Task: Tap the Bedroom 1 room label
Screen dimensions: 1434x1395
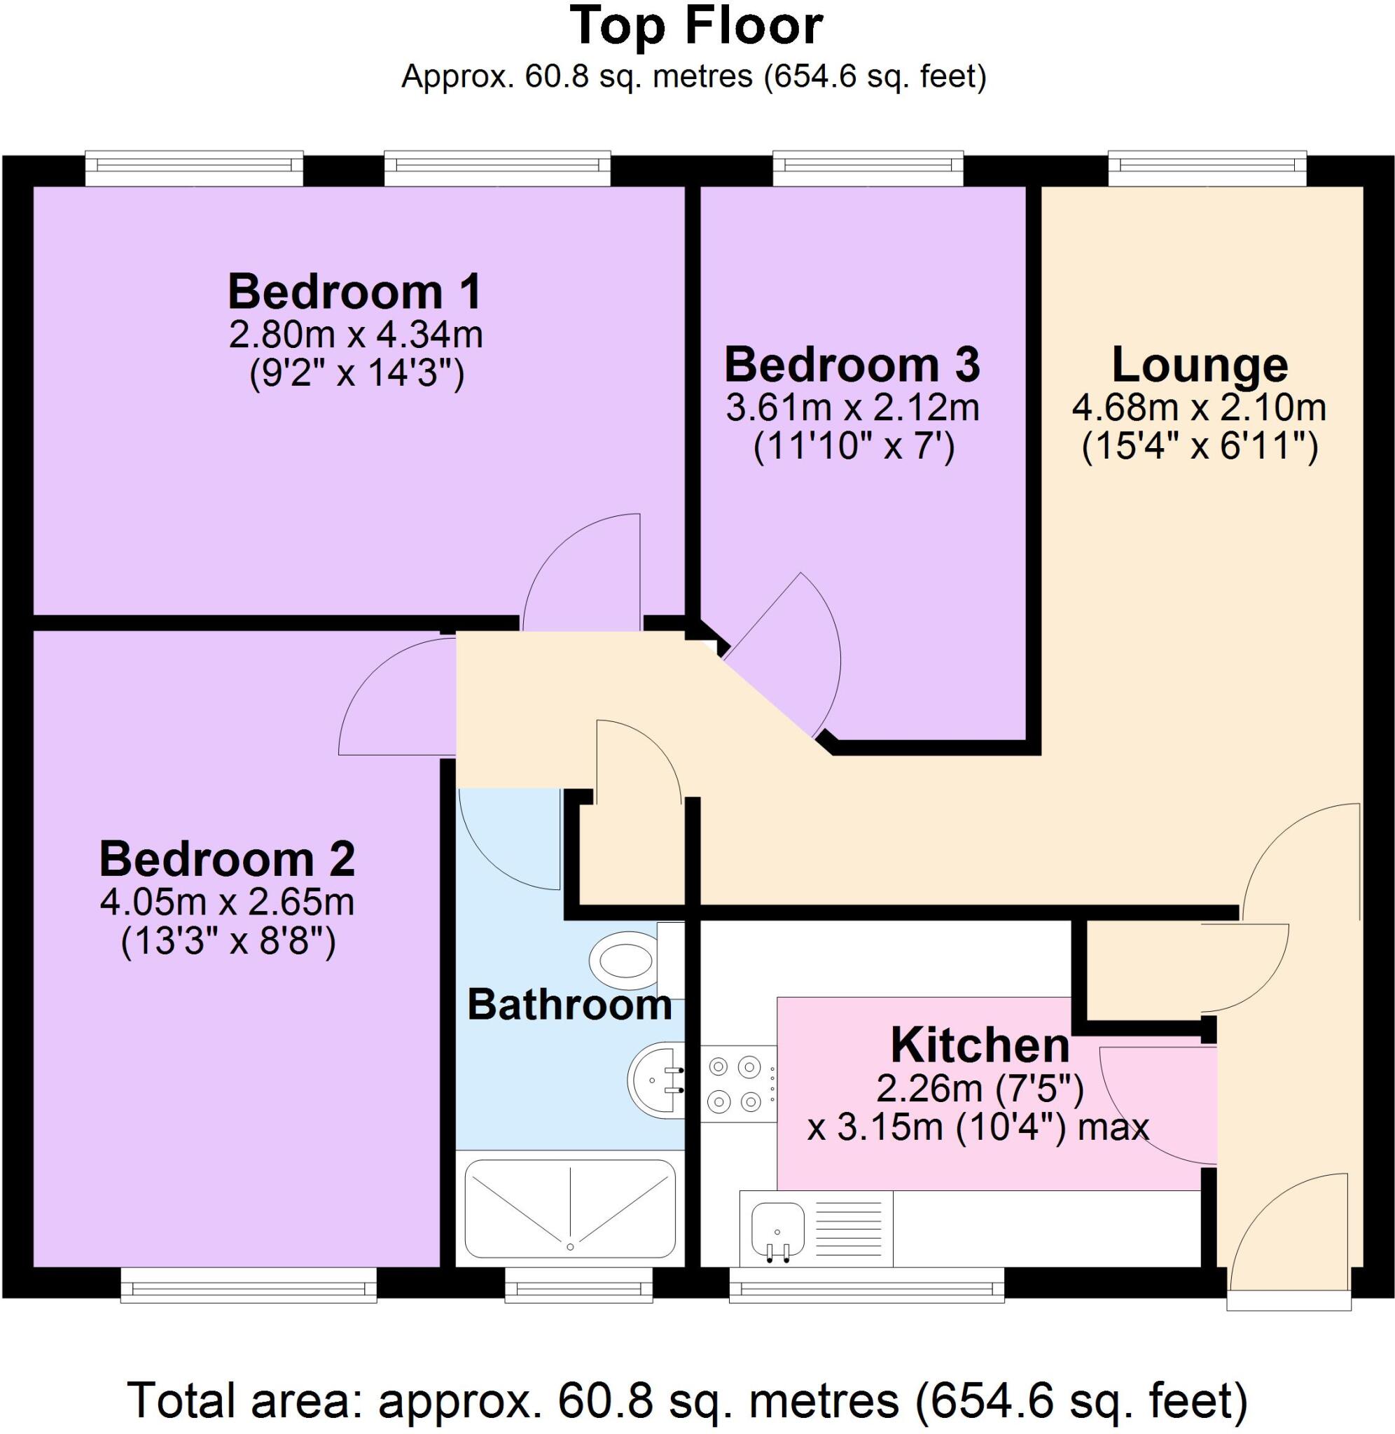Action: click(354, 291)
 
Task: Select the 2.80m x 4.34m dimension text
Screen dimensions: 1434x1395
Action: click(356, 335)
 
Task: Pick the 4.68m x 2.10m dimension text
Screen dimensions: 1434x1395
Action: click(1200, 408)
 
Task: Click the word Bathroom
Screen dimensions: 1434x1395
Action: click(569, 1004)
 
